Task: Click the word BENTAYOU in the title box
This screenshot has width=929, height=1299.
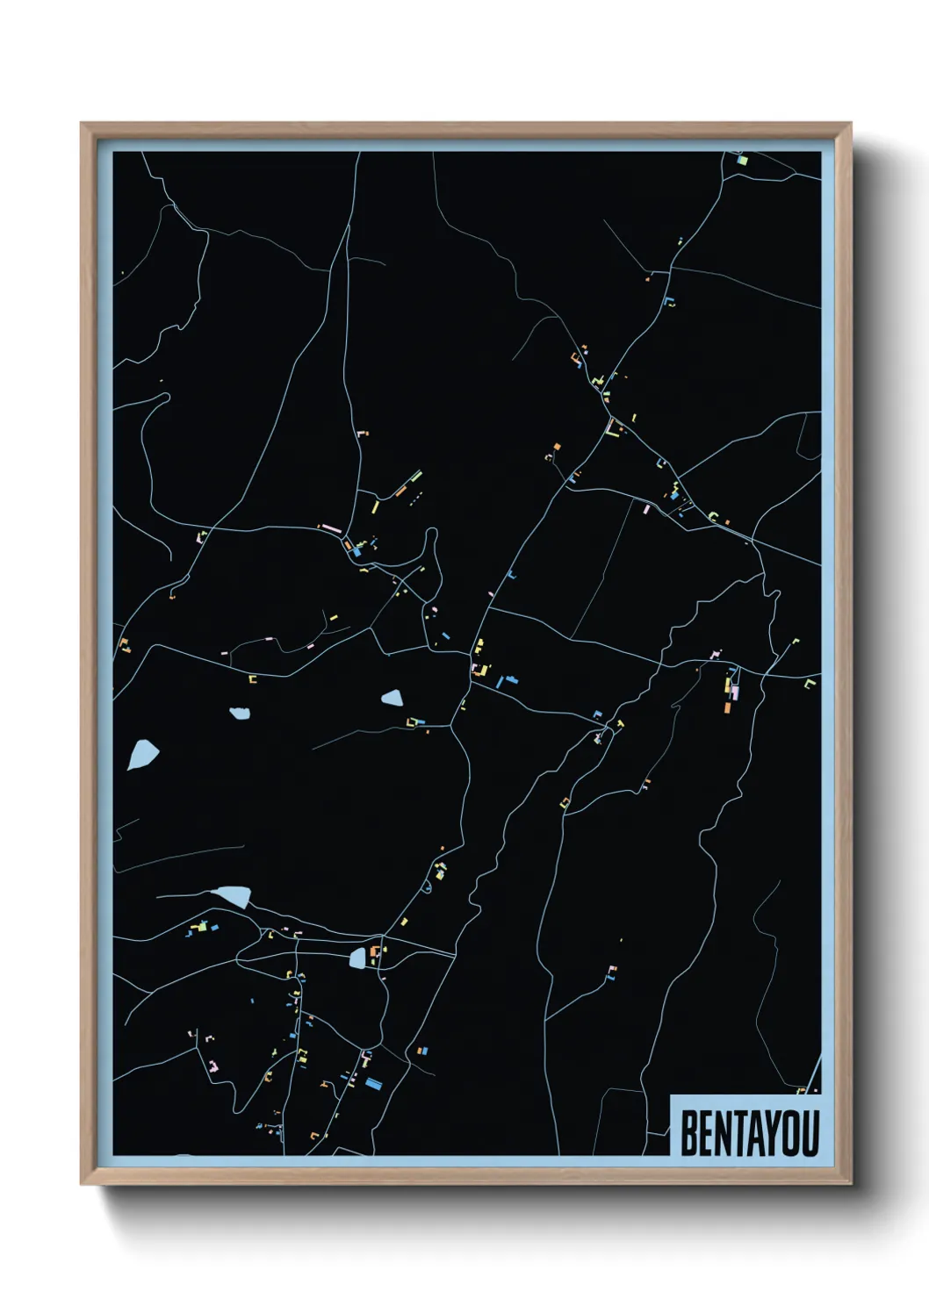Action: [x=749, y=1133]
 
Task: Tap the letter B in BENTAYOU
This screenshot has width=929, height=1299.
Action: [x=689, y=1133]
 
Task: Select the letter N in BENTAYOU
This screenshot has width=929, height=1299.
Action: [x=723, y=1133]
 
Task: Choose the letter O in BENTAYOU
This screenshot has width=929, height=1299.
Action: [x=791, y=1133]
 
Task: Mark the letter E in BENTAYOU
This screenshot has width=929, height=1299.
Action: [x=706, y=1133]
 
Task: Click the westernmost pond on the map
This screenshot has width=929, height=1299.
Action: [x=142, y=753]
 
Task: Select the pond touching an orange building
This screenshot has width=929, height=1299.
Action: [x=358, y=958]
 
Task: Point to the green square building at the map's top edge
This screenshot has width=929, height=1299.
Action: [x=741, y=161]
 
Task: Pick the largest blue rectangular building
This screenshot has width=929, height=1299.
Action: [x=374, y=1083]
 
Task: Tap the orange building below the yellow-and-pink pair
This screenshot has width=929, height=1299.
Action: [x=727, y=707]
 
